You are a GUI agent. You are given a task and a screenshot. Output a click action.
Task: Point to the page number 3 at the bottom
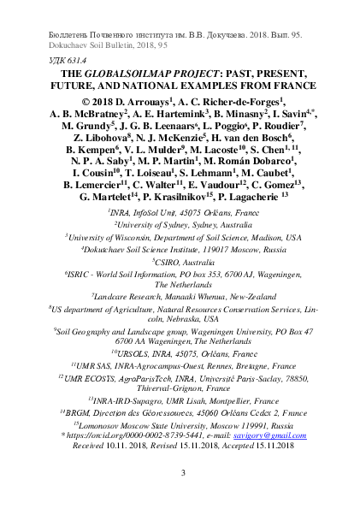[x=180, y=472]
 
